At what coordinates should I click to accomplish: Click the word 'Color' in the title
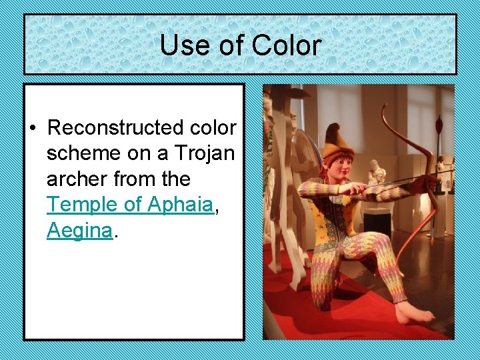287,46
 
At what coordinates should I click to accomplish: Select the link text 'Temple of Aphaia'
129,205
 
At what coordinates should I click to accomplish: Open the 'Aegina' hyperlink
78,231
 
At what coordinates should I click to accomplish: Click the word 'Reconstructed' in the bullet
142,127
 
